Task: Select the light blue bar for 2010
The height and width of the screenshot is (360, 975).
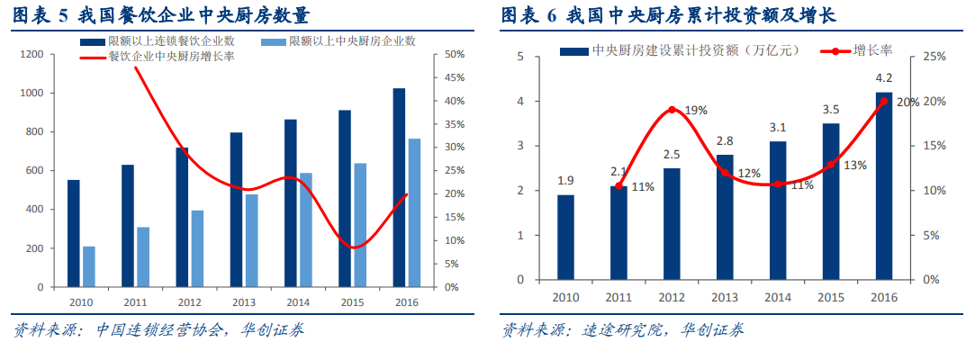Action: click(x=89, y=266)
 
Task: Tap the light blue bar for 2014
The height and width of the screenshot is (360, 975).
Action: click(x=305, y=229)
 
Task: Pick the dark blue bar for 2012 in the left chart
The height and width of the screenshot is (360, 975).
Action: click(x=182, y=217)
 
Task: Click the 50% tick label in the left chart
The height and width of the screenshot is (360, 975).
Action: click(x=453, y=55)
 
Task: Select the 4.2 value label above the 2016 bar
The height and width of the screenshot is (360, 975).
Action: click(x=884, y=77)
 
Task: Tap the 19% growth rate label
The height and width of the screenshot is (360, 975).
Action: click(x=695, y=111)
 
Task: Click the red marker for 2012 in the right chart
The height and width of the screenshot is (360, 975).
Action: click(x=672, y=110)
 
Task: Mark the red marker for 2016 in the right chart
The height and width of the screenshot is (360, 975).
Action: click(x=883, y=101)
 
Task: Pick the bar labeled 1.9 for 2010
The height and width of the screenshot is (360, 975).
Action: click(x=565, y=237)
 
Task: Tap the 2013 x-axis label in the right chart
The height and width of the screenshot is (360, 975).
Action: click(x=725, y=297)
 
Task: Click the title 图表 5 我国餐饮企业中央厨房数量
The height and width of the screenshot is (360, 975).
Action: click(x=158, y=15)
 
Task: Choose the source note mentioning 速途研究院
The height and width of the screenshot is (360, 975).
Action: click(x=621, y=330)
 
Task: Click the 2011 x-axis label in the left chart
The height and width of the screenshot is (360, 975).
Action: click(x=135, y=303)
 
